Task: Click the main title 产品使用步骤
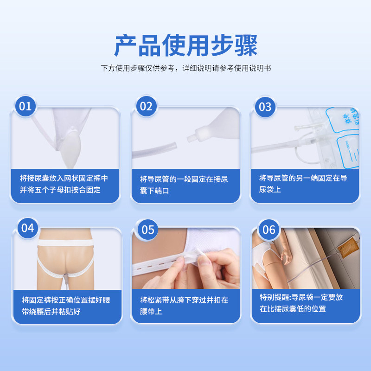[x=186, y=45]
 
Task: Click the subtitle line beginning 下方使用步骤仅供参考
[x=186, y=68]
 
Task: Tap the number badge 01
[x=26, y=106]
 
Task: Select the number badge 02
[x=146, y=106]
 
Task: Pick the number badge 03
[x=265, y=107]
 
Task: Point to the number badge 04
[x=28, y=228]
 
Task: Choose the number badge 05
[x=148, y=230]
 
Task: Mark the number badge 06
[x=269, y=230]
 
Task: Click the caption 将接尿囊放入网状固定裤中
[x=64, y=178]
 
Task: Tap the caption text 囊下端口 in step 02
[x=154, y=191]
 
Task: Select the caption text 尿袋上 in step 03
[x=270, y=190]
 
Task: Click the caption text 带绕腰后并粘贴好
[x=51, y=312]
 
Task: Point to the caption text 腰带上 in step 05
[x=151, y=311]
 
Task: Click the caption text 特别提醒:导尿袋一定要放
[x=301, y=297]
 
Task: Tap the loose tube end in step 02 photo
[x=175, y=146]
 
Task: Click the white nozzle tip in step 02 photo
[x=190, y=138]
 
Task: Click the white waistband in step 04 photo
[x=65, y=243]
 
